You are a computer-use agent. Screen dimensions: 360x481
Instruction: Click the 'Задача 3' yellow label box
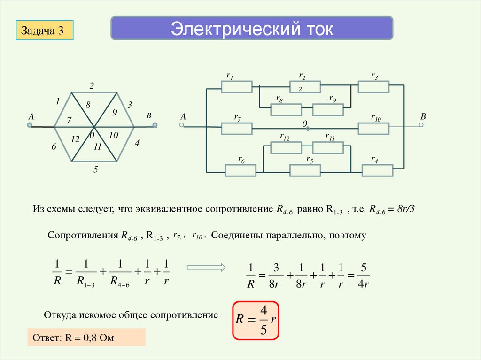(x=45, y=31)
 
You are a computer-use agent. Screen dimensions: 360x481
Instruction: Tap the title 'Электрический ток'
(x=252, y=29)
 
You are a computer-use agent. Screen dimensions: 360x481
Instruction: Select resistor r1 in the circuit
(x=236, y=87)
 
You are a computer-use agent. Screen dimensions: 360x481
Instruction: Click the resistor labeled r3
(x=373, y=87)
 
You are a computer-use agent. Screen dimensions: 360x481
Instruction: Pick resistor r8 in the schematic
(x=286, y=109)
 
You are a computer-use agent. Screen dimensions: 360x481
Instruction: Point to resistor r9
(x=328, y=109)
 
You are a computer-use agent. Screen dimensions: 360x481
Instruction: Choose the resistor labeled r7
(x=236, y=128)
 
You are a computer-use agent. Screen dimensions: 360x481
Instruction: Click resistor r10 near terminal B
(x=373, y=128)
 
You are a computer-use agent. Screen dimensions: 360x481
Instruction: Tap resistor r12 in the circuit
(x=286, y=147)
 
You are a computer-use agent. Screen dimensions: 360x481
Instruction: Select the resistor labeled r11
(x=328, y=147)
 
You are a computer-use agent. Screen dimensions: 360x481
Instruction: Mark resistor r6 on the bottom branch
(x=240, y=170)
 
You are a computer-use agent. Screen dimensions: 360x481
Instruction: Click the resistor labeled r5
(x=305, y=170)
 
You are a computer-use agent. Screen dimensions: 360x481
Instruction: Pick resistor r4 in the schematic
(x=377, y=170)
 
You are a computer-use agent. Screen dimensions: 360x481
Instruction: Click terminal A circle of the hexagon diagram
(x=29, y=125)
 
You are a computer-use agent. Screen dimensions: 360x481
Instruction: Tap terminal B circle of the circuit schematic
(x=421, y=125)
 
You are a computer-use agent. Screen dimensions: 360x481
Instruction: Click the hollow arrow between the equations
(x=206, y=268)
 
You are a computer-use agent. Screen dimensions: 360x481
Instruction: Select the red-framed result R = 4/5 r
(x=256, y=320)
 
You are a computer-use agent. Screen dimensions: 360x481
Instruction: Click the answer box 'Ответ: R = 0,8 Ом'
(x=86, y=337)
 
